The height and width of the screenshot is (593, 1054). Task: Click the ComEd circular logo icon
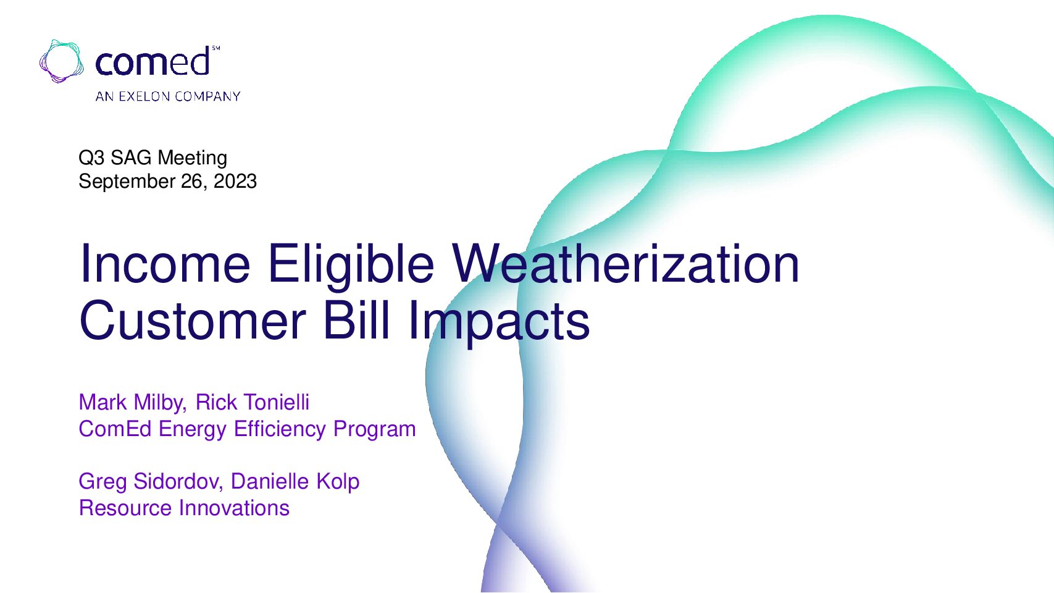click(x=62, y=62)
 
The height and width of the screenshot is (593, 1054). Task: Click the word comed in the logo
click(x=153, y=61)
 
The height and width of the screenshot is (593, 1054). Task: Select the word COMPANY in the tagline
click(x=207, y=96)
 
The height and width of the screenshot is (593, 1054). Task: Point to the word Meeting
click(x=193, y=158)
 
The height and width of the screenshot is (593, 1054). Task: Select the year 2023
click(x=235, y=181)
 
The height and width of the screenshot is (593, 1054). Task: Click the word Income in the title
click(x=165, y=264)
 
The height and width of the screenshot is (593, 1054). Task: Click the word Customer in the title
click(x=193, y=321)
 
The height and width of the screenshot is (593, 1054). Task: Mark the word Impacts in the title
click(x=499, y=323)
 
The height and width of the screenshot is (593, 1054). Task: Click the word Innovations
click(x=235, y=508)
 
